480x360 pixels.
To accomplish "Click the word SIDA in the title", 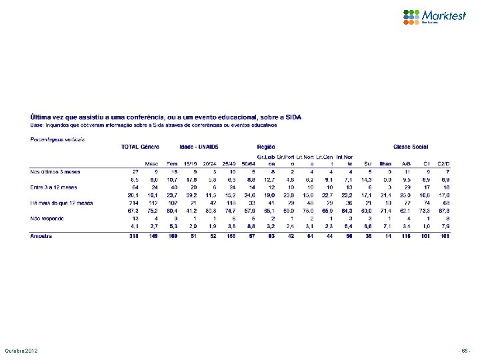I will pyautogui.click(x=293, y=117).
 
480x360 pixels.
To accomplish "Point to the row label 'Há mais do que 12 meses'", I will pyautogui.click(x=61, y=203).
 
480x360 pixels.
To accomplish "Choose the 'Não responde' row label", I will pyautogui.click(x=46, y=218).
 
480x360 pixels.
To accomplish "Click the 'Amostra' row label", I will pyautogui.click(x=42, y=235).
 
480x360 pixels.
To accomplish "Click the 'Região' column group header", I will pyautogui.click(x=267, y=146).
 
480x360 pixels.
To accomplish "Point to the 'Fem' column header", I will pyautogui.click(x=172, y=163).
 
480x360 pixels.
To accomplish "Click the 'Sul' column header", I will pyautogui.click(x=369, y=163).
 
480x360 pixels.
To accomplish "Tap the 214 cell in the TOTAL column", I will pyautogui.click(x=133, y=203).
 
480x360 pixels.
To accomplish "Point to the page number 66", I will pyautogui.click(x=464, y=351).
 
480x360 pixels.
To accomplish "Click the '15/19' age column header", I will pyautogui.click(x=191, y=163).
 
